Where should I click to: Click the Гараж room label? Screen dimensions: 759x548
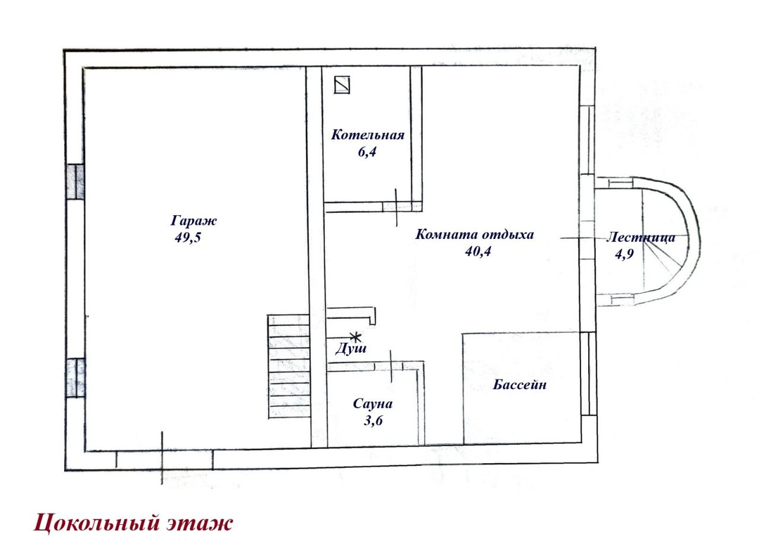tap(193, 221)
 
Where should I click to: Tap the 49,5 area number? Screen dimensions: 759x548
tap(188, 237)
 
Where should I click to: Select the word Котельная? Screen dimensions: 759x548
tap(368, 135)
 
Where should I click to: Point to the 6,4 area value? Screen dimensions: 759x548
tap(367, 152)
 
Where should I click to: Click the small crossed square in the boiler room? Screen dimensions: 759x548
tap(342, 84)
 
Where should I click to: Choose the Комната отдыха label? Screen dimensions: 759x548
tap(474, 234)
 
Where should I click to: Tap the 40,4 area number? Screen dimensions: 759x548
tap(478, 251)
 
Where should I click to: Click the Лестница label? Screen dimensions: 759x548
tap(640, 238)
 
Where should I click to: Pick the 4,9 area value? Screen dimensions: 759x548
tap(624, 254)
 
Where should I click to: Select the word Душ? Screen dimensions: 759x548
tap(350, 349)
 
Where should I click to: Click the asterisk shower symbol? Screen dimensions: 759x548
tap(355, 337)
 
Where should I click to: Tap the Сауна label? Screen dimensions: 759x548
tap(373, 404)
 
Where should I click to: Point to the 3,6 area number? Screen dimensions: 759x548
tap(373, 420)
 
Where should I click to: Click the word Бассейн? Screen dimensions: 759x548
tap(519, 385)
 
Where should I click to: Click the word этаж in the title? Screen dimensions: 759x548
tap(200, 523)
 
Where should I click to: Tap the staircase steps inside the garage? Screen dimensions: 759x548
tap(289, 367)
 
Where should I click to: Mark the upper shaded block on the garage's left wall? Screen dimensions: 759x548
tap(75, 181)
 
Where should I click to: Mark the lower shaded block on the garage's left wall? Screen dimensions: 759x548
tap(76, 378)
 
